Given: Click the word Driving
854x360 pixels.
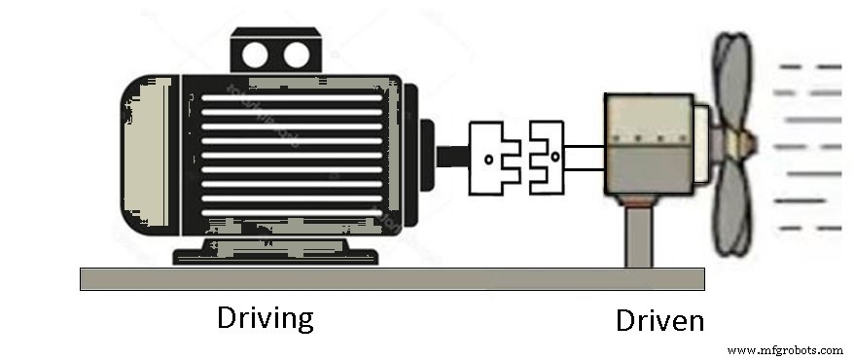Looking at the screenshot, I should click(266, 318).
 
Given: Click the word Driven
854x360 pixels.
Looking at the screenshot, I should click(658, 320).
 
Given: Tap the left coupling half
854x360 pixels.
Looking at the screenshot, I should click(495, 156).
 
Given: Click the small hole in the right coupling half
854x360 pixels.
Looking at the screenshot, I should click(553, 156).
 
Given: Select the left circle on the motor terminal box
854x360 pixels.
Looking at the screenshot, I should click(254, 54).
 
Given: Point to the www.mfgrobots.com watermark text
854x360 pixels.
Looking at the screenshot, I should click(785, 349).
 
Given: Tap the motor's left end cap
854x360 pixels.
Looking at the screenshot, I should click(148, 156).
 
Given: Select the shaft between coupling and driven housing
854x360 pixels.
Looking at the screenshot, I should click(585, 156).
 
